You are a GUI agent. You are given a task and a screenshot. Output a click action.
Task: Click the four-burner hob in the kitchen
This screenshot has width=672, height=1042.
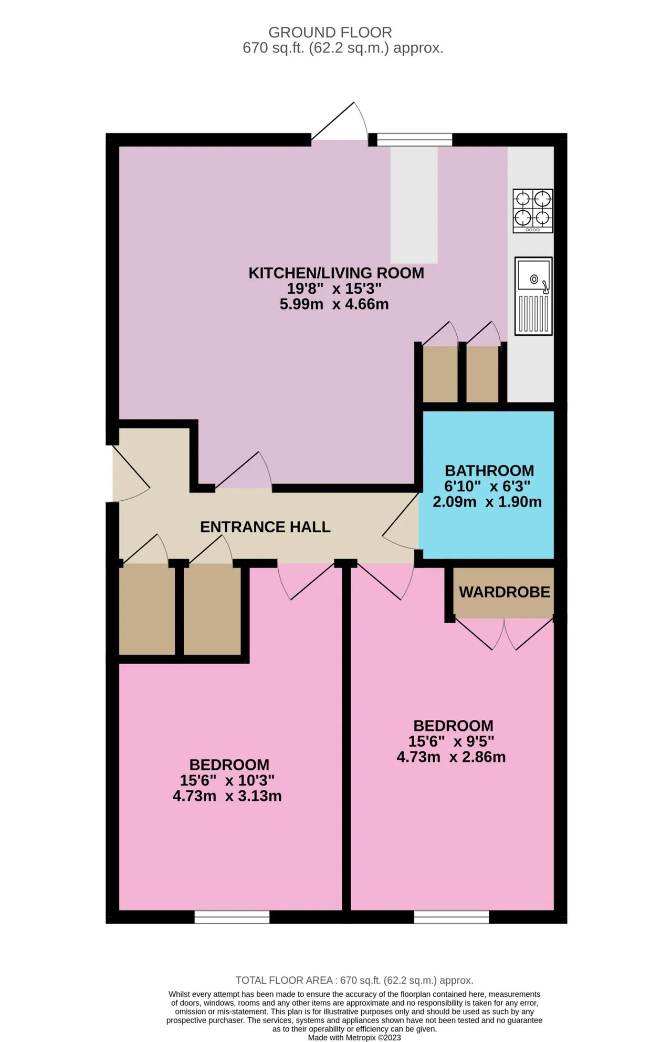533,211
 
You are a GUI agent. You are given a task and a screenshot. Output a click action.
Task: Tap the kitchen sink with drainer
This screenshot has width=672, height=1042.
533,296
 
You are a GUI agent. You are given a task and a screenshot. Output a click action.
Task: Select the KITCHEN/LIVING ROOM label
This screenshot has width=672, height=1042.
336,273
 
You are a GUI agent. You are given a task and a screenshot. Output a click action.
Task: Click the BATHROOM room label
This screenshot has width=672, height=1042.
489,470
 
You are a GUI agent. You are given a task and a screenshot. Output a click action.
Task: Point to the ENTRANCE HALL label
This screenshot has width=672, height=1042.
265,527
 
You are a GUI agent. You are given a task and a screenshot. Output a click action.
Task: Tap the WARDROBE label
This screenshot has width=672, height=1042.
505,592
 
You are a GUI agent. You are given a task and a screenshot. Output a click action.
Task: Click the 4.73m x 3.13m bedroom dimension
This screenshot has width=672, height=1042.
227,796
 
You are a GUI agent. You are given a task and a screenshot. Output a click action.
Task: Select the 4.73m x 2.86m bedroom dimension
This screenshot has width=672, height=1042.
451,757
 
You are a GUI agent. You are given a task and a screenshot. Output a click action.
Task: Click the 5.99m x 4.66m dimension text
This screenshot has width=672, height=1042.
334,304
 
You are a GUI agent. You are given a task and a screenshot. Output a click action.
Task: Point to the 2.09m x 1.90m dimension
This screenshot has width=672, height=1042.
487,501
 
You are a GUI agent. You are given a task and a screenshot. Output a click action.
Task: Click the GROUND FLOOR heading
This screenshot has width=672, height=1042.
330,33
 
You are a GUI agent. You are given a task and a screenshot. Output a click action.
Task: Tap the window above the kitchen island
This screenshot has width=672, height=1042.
415,140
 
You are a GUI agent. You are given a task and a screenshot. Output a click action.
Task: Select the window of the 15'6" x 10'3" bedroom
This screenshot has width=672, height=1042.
232,917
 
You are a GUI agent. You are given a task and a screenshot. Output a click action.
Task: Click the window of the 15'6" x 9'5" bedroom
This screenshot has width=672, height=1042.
451,917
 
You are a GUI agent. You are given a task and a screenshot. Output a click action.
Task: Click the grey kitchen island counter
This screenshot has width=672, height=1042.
414,205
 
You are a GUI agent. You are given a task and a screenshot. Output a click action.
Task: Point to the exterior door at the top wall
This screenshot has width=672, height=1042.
340,122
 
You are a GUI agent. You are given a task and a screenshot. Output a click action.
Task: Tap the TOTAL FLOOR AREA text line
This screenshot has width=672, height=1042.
354,980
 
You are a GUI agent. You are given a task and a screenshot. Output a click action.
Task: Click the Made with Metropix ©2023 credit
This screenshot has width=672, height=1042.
354,1037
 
